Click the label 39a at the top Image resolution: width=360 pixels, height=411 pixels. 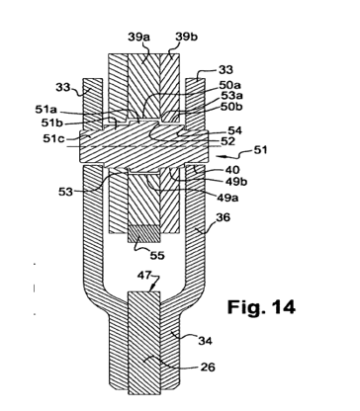click(x=138, y=37)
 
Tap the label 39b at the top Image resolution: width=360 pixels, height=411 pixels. click(x=187, y=37)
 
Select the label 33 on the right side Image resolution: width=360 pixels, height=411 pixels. click(x=225, y=70)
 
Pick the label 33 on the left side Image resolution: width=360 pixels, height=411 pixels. click(x=62, y=87)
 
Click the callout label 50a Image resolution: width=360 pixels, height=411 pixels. click(x=230, y=86)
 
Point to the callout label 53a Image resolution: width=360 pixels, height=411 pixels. click(x=231, y=97)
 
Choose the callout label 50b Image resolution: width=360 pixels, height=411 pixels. click(x=231, y=107)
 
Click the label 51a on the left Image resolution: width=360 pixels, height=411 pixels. click(x=45, y=110)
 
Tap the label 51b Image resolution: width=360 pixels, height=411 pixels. click(x=52, y=123)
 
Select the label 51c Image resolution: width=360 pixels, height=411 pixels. click(x=53, y=138)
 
